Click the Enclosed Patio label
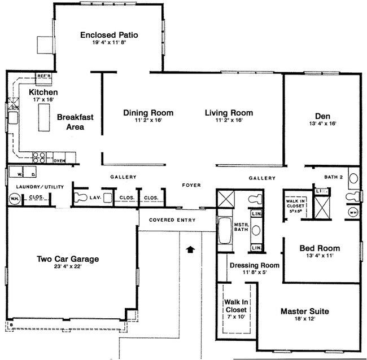point(109,35)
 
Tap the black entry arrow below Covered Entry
point(190,248)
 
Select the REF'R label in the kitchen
point(43,76)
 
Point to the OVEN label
point(59,160)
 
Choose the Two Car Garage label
point(68,259)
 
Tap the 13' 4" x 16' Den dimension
point(323,124)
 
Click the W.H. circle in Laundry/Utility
point(14,198)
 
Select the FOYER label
point(191,185)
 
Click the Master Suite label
point(305,311)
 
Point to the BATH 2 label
point(333,177)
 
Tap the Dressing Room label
point(254,265)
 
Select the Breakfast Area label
point(75,122)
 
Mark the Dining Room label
point(148,113)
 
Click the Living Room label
point(229,113)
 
